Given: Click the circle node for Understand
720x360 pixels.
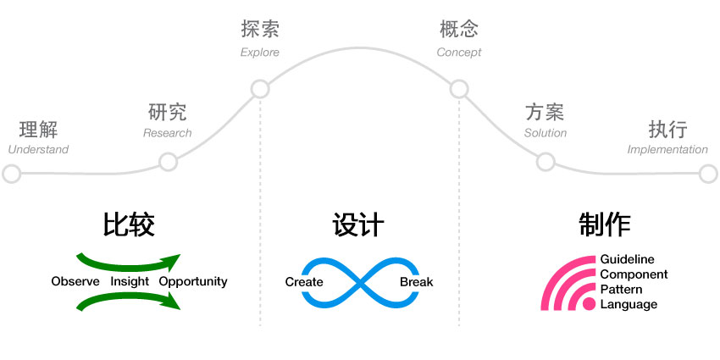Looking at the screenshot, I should (12, 174).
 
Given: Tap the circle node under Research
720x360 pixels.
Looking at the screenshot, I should (168, 162).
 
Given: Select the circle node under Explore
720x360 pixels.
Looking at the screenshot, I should (260, 88).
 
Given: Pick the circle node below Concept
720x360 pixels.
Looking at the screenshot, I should (458, 88).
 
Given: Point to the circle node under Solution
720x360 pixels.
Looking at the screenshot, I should (546, 162).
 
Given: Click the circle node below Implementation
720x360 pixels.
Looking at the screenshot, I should (708, 174).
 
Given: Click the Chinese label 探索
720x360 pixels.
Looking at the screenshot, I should (260, 30).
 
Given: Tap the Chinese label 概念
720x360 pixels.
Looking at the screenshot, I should (458, 30).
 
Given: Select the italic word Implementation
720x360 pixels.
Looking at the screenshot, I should (667, 150).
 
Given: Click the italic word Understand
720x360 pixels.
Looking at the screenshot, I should (38, 150).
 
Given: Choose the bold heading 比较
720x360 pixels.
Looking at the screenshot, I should (129, 224).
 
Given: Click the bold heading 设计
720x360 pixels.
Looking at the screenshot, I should (358, 224).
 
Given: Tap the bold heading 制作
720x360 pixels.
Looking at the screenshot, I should (605, 224).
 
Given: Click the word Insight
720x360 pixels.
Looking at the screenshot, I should (129, 281).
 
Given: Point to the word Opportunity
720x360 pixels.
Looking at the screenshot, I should (193, 281).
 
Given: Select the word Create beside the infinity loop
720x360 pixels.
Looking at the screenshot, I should (304, 281).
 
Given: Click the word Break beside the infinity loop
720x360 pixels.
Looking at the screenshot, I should (416, 281).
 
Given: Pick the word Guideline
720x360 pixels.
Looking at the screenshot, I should (627, 259).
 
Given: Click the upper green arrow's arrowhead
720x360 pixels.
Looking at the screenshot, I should (173, 259).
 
